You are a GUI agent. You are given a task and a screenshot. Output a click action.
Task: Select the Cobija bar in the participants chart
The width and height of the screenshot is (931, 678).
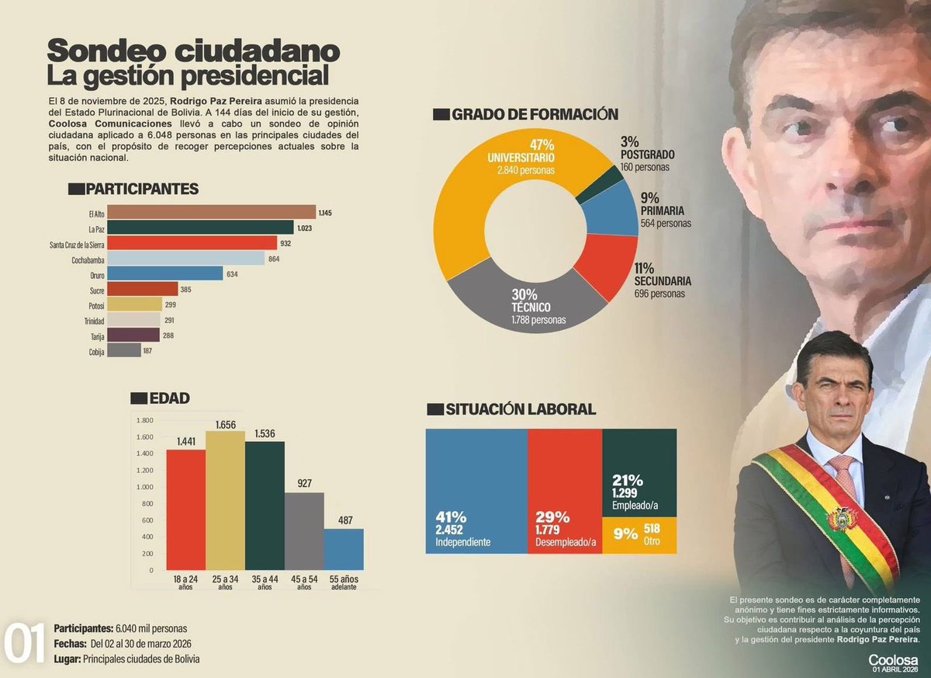point(123,350)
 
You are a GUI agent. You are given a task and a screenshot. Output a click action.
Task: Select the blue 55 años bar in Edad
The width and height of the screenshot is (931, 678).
point(344,551)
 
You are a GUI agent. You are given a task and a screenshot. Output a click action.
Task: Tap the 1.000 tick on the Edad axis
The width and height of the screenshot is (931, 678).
point(145,487)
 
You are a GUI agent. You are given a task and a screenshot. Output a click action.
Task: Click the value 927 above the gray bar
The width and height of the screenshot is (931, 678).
point(304,483)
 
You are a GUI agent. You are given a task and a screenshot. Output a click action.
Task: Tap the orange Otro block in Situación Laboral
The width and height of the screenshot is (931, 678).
point(639,535)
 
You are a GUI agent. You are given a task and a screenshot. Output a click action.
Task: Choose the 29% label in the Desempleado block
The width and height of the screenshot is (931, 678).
point(552,517)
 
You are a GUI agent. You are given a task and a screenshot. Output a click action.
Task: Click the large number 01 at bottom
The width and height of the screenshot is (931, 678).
point(26,644)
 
